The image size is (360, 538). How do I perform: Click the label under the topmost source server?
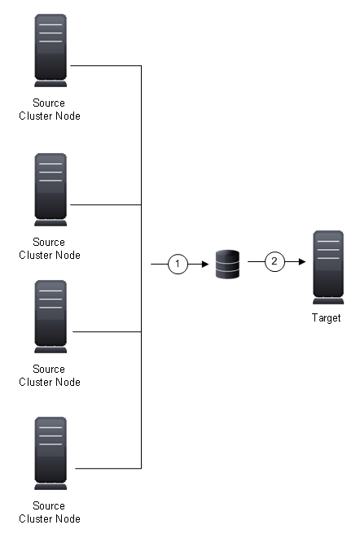[x=49, y=110]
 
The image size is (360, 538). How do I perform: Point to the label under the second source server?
[x=49, y=248]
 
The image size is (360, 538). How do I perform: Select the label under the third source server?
[x=49, y=375]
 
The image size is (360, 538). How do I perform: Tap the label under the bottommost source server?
[x=49, y=513]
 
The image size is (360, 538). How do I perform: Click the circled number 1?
[x=178, y=264]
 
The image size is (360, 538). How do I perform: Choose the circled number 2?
[x=274, y=261]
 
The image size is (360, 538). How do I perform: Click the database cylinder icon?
[x=227, y=265]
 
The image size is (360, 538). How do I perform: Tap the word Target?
[x=326, y=318]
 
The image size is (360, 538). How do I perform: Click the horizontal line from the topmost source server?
[x=106, y=65]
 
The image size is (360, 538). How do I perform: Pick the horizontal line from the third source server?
[x=106, y=331]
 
